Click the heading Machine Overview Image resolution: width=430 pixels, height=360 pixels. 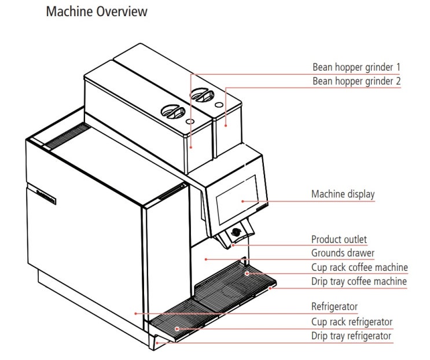pyautogui.click(x=96, y=12)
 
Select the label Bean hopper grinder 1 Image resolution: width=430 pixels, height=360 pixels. pyautogui.click(x=356, y=67)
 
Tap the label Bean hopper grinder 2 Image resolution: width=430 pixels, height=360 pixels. pyautogui.click(x=356, y=81)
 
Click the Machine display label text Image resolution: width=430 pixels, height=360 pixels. pyautogui.click(x=343, y=194)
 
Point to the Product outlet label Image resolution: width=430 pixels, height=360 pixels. pyautogui.click(x=339, y=239)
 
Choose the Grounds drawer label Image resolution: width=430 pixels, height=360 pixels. pyautogui.click(x=343, y=253)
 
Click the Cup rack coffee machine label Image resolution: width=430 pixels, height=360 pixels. pyautogui.click(x=359, y=267)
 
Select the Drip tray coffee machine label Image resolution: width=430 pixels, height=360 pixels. pyautogui.click(x=359, y=282)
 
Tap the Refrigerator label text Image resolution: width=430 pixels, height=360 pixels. pyautogui.click(x=335, y=307)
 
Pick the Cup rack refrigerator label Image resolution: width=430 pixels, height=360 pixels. pyautogui.click(x=352, y=321)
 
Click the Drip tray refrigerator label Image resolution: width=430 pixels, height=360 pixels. pyautogui.click(x=351, y=336)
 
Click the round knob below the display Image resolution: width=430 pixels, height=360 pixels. pyautogui.click(x=236, y=233)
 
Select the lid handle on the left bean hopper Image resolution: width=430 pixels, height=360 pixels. pyautogui.click(x=173, y=111)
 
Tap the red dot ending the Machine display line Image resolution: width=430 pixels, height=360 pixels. pyautogui.click(x=241, y=201)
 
